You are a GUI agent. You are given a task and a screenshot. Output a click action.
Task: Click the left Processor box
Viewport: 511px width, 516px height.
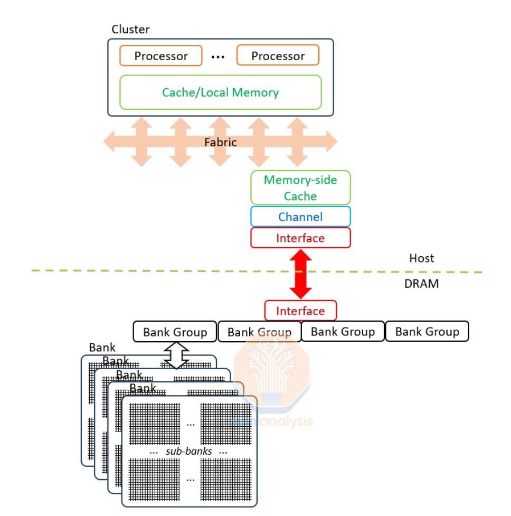(x=161, y=55)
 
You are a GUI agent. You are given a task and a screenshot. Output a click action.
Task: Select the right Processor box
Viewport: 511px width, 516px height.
(x=278, y=55)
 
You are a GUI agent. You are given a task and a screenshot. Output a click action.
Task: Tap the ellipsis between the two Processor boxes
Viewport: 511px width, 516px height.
(x=219, y=55)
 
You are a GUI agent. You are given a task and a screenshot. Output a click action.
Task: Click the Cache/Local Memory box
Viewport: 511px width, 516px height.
(x=220, y=92)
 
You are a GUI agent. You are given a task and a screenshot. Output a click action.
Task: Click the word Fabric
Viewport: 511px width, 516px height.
(x=220, y=142)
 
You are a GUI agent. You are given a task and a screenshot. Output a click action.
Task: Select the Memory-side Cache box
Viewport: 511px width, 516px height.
(x=300, y=187)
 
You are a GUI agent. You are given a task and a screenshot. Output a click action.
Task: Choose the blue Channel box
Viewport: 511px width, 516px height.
(x=300, y=217)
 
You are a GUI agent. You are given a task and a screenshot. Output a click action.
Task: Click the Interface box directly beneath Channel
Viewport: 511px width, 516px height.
(x=300, y=238)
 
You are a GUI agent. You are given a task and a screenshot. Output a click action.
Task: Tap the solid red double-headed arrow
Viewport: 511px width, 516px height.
(x=300, y=274)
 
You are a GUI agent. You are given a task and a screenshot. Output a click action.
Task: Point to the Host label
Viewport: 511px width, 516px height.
(x=422, y=258)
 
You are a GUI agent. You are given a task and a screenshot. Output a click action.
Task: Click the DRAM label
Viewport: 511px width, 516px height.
(x=425, y=284)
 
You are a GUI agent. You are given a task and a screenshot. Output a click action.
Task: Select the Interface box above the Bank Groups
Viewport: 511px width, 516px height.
(x=300, y=311)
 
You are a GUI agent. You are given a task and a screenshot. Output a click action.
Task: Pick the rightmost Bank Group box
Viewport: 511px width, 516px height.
(x=428, y=332)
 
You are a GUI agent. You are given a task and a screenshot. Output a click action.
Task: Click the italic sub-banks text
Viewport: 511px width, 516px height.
(x=189, y=452)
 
